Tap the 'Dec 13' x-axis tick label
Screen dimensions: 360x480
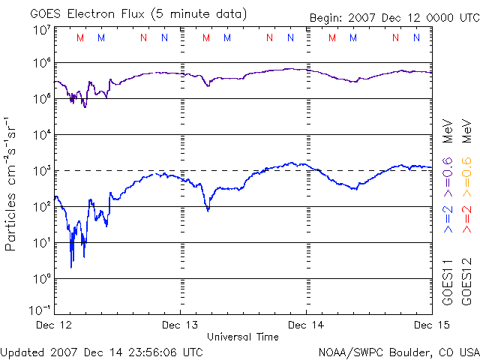point(181,325)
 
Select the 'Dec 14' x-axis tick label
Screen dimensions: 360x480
point(307,325)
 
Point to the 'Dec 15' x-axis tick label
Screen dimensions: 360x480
point(431,325)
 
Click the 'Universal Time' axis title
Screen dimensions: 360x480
point(243,337)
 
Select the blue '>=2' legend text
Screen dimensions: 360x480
point(448,222)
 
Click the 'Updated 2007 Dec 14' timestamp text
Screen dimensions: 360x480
point(102,351)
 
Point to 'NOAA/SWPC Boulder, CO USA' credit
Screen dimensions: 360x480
point(398,351)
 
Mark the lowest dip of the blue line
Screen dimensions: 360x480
point(71,267)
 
